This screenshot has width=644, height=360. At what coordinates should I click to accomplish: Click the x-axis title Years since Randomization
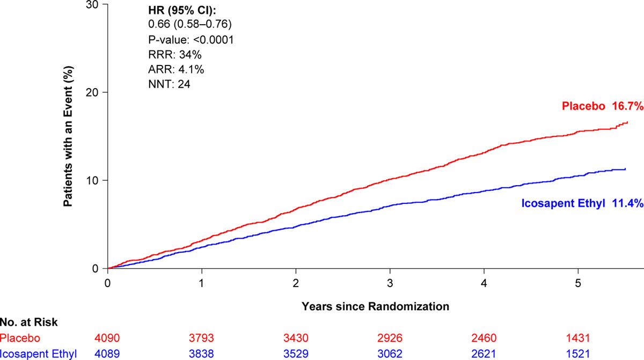[x=375, y=306]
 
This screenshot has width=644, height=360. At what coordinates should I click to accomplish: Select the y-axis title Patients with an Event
[x=69, y=136]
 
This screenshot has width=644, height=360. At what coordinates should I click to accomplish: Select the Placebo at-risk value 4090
[x=108, y=338]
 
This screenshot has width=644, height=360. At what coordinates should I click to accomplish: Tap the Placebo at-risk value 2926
[x=390, y=338]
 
